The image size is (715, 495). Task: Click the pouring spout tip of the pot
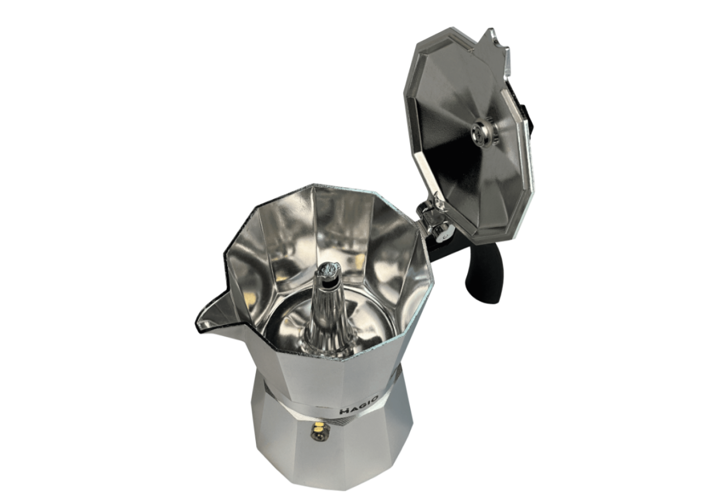click(199, 323)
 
